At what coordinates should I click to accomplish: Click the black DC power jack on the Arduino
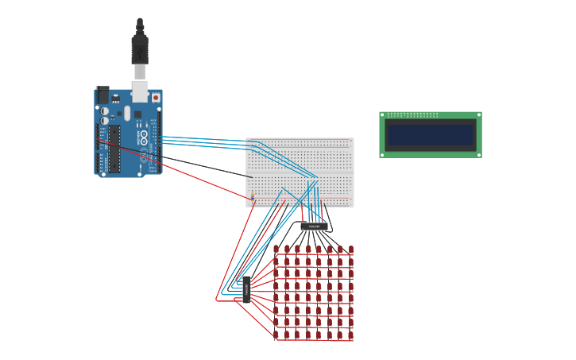pos(103,95)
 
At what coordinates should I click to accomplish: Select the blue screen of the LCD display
pos(430,134)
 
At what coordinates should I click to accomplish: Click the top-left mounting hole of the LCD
pos(382,114)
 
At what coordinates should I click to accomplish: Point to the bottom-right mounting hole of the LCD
pos(478,155)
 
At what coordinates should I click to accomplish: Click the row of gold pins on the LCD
pos(413,115)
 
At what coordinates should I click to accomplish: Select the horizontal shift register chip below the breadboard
pos(314,226)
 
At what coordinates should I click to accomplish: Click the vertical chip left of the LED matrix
pos(246,289)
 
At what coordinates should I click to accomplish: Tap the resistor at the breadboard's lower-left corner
pos(253,195)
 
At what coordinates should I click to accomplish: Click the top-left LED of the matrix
pos(276,249)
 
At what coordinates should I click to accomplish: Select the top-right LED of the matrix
pos(350,249)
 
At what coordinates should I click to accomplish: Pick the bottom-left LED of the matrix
pos(276,335)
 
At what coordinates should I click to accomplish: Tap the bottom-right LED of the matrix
pos(350,335)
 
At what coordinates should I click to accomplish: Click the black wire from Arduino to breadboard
pos(207,166)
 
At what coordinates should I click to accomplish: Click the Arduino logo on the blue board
pos(144,136)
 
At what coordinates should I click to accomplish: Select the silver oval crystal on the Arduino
pos(127,113)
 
